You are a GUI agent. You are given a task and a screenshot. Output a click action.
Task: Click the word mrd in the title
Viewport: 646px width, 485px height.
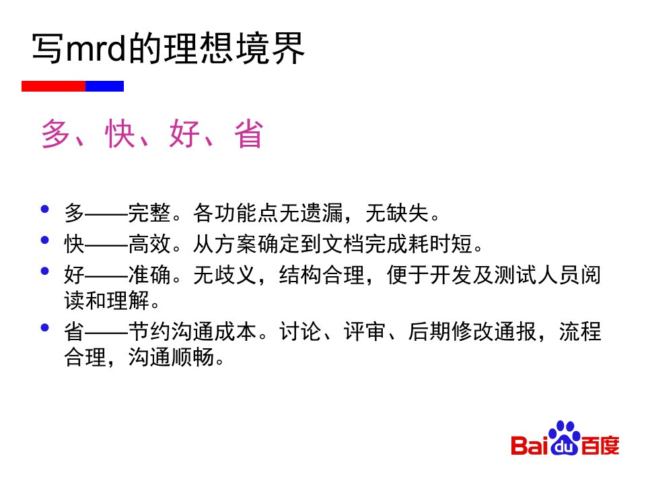coord(96,48)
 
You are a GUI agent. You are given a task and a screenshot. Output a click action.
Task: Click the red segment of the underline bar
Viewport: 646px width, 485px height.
coord(53,86)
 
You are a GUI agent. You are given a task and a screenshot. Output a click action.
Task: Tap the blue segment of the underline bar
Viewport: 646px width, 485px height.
coord(105,86)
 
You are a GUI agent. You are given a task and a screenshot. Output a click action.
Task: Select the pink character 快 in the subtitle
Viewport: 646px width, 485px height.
coord(120,133)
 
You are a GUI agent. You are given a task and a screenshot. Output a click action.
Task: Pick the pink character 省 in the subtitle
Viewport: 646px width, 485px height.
coord(248,133)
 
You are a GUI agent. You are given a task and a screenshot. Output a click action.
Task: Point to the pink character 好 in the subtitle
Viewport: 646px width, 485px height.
coord(184,133)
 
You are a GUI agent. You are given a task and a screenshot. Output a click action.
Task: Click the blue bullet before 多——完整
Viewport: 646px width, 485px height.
coord(45,209)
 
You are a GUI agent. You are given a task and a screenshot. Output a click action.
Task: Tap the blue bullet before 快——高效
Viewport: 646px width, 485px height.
coord(45,240)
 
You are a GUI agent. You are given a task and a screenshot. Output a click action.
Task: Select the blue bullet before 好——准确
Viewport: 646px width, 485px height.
coord(45,271)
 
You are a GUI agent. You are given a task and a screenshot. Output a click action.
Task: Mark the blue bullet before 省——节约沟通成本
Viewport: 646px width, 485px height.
coord(45,327)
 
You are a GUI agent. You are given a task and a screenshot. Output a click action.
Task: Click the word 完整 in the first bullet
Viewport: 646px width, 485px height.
coord(149,214)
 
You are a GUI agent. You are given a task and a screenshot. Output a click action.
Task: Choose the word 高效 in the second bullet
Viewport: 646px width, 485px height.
coord(149,244)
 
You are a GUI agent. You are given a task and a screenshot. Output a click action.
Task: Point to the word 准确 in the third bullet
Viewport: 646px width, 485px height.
coord(149,275)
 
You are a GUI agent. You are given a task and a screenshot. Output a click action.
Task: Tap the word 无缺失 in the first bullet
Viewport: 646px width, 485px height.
coord(397,214)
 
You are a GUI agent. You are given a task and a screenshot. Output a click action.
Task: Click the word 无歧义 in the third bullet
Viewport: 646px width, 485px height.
coord(225,275)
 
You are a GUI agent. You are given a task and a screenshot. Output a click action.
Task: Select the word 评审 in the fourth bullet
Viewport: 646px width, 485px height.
coord(365,331)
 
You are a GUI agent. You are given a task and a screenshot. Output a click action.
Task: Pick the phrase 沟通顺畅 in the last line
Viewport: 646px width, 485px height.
coord(171,357)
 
